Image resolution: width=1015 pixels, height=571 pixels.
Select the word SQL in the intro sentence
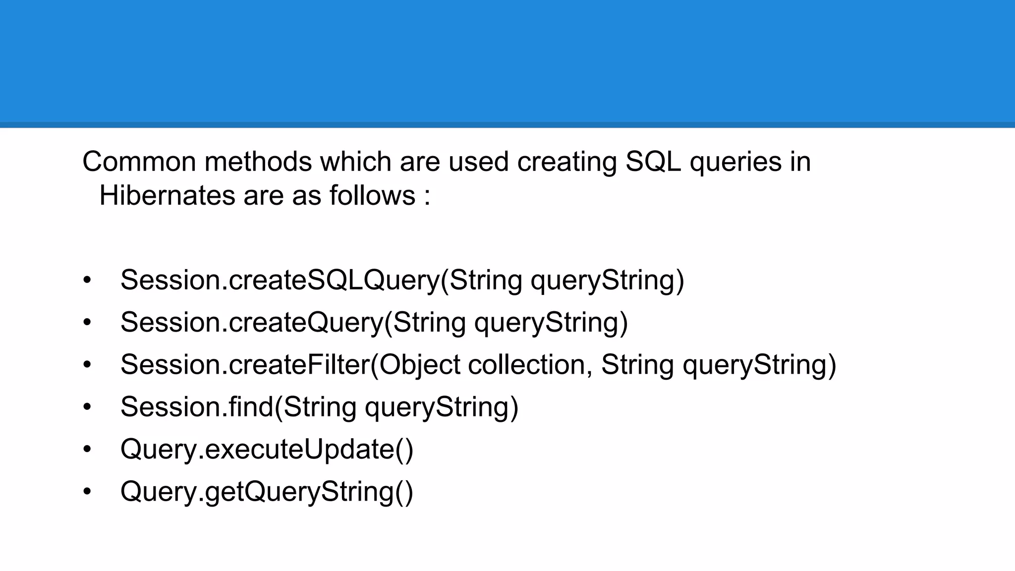pyautogui.click(x=653, y=162)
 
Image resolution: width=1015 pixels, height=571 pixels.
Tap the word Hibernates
pyautogui.click(x=167, y=195)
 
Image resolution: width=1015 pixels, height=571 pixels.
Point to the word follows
pyautogui.click(x=372, y=195)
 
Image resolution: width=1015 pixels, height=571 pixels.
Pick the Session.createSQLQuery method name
pyautogui.click(x=280, y=280)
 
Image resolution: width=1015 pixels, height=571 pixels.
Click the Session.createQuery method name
pyautogui.click(x=252, y=322)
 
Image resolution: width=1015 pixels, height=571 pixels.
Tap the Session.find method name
pyautogui.click(x=197, y=407)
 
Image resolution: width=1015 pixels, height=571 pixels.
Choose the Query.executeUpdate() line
pyautogui.click(x=267, y=450)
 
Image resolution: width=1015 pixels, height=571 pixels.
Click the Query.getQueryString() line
pyautogui.click(x=267, y=492)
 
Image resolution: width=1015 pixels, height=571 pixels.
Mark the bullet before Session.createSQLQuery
pyautogui.click(x=87, y=280)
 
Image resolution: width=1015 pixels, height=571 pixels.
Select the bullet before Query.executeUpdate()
pyautogui.click(x=87, y=450)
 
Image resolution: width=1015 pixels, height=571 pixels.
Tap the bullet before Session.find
pyautogui.click(x=87, y=407)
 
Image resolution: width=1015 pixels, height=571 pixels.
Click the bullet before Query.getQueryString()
pyautogui.click(x=87, y=492)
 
